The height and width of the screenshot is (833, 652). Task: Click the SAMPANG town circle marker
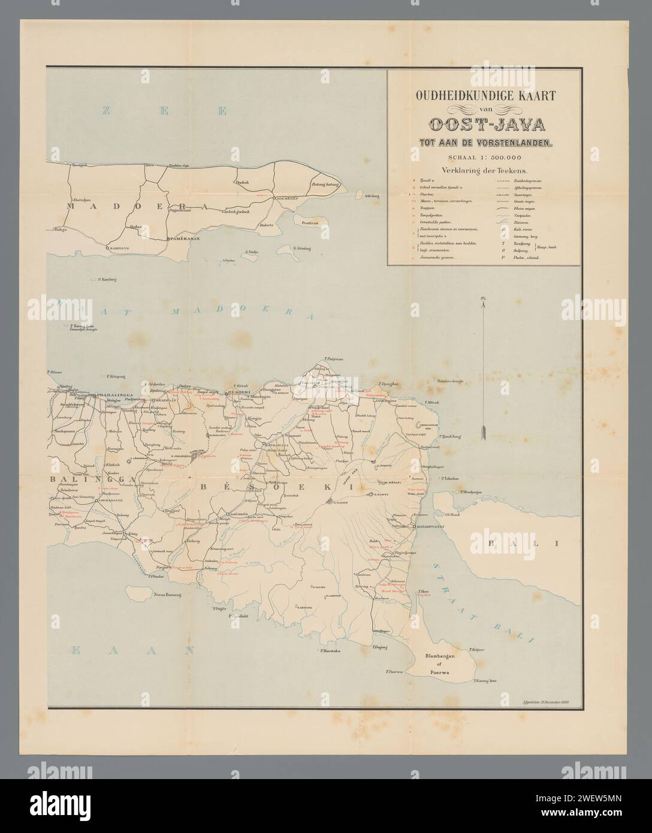tap(107, 247)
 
